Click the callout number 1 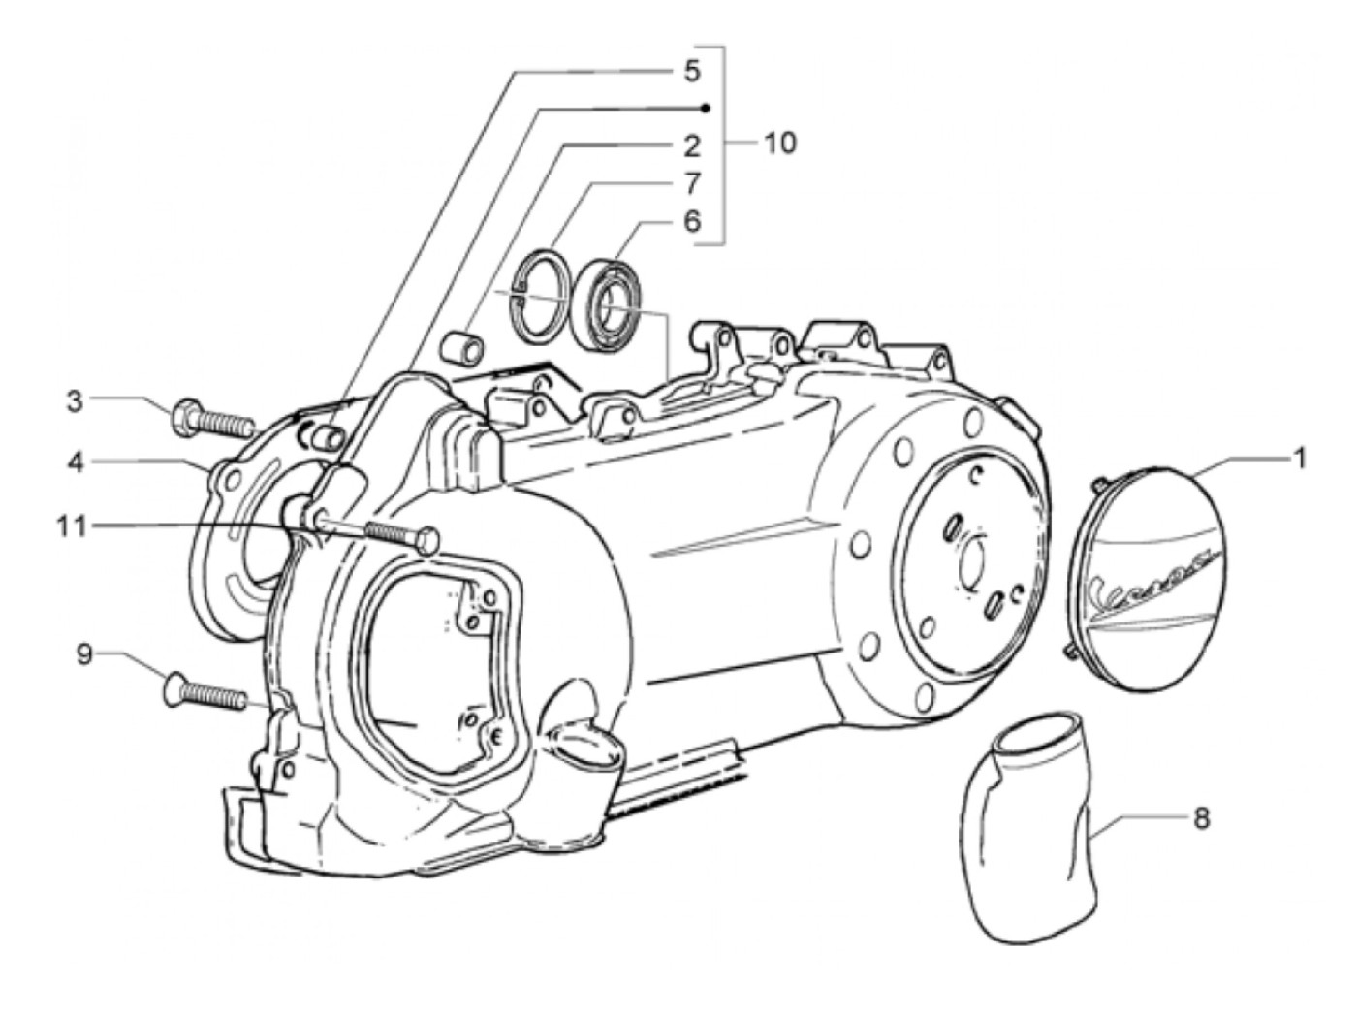coord(1298,457)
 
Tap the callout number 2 coord(691,145)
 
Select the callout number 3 coord(75,400)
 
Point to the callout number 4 coord(75,462)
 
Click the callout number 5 coord(691,71)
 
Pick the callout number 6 coord(691,222)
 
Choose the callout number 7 coord(691,183)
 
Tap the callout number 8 coord(1202,818)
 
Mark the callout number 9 coord(85,656)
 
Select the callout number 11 coord(71,526)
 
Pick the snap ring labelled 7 coord(540,296)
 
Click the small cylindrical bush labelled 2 coord(459,346)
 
